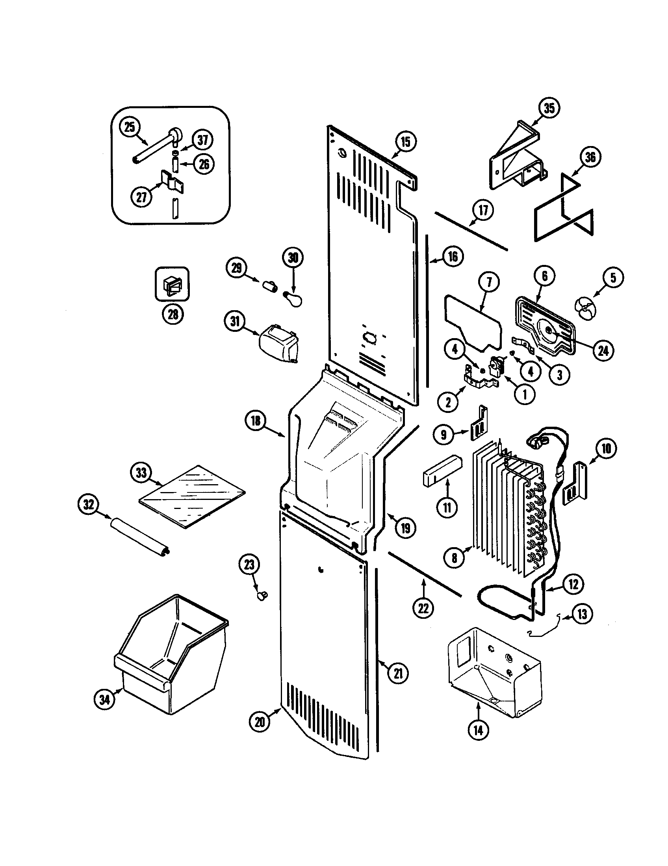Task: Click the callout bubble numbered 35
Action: pyautogui.click(x=549, y=108)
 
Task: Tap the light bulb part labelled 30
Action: pyautogui.click(x=293, y=299)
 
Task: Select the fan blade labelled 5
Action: pyautogui.click(x=585, y=308)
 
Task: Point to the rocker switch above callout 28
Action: pyautogui.click(x=171, y=284)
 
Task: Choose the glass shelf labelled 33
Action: pyautogui.click(x=192, y=496)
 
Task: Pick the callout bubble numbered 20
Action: pyautogui.click(x=260, y=721)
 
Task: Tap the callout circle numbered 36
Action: pyautogui.click(x=590, y=157)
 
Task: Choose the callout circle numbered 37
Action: pyautogui.click(x=203, y=140)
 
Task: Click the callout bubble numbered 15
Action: pyautogui.click(x=405, y=142)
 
